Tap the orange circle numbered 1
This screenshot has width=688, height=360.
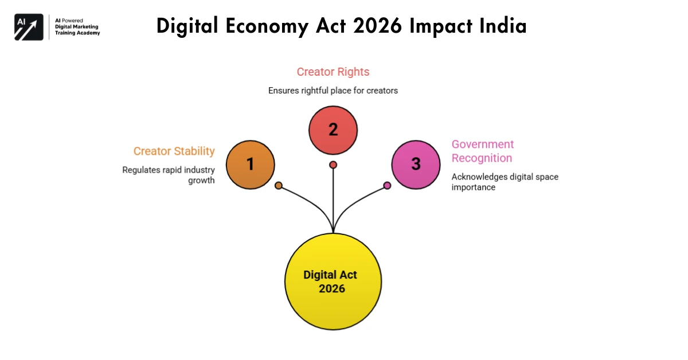tap(250, 165)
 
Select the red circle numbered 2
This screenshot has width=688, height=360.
tap(333, 130)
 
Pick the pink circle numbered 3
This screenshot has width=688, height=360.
tap(416, 165)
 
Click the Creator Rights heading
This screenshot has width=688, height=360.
tap(333, 72)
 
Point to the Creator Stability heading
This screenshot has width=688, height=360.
tap(174, 151)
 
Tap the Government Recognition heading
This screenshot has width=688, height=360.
tap(483, 151)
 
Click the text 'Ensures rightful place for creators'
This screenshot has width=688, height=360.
tap(333, 91)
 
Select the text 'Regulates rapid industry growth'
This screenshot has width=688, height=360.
tap(169, 175)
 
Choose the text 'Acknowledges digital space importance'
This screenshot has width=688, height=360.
tap(505, 182)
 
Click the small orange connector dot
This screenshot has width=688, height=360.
tap(279, 186)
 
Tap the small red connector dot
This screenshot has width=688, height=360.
tap(333, 165)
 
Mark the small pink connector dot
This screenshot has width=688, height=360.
tap(387, 186)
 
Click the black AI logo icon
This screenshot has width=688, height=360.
tap(29, 27)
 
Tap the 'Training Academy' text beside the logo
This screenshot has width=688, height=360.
tap(77, 33)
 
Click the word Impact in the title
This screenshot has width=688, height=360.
tap(439, 26)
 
